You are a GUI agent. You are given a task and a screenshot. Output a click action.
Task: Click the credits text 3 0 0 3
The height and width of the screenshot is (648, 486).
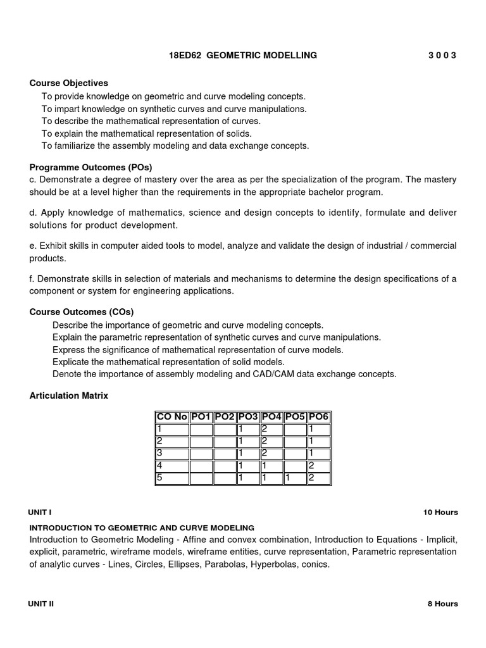click(x=442, y=56)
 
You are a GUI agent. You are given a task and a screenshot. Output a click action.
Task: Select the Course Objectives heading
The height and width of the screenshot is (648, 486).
click(x=69, y=83)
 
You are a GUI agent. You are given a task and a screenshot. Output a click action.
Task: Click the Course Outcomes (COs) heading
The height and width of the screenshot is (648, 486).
click(x=82, y=312)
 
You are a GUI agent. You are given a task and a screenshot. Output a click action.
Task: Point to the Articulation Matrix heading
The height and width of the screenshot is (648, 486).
click(x=69, y=396)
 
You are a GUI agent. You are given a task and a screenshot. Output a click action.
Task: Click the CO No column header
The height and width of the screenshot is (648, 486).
click(x=172, y=417)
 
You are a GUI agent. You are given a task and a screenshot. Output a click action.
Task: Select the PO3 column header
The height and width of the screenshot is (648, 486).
click(x=249, y=417)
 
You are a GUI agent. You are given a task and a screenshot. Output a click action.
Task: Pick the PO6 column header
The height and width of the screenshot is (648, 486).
click(x=318, y=417)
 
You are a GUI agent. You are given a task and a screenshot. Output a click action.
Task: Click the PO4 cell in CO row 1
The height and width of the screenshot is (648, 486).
click(x=271, y=430)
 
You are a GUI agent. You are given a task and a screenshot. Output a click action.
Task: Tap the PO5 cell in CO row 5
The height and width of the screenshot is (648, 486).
click(x=295, y=478)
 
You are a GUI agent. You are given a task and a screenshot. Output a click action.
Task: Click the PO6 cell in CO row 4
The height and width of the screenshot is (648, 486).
click(x=318, y=466)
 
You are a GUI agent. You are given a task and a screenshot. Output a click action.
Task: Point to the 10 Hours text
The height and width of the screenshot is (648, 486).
click(x=440, y=513)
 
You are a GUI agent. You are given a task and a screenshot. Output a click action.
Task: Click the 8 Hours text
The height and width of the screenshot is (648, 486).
click(x=443, y=604)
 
